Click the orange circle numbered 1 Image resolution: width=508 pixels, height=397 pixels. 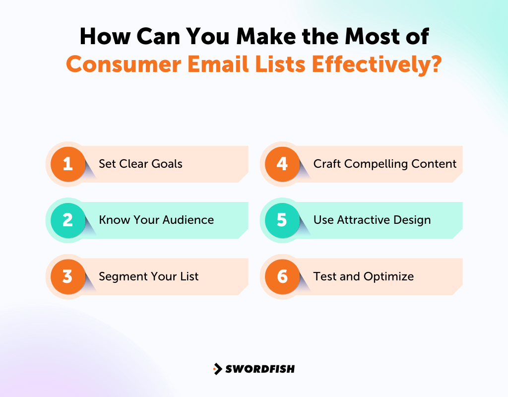[68, 164]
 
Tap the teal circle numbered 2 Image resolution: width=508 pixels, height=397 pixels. [68, 220]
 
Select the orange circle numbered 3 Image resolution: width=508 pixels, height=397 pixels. [68, 276]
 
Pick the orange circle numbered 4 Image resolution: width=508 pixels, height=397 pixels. [282, 164]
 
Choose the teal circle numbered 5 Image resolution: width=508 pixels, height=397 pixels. [282, 220]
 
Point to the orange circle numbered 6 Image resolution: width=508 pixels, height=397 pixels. [282, 276]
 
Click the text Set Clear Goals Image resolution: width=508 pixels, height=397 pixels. [140, 164]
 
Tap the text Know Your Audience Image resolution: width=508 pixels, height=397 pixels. [156, 220]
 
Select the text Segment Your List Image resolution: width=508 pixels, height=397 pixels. [148, 276]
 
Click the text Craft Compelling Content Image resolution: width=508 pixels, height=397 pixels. [384, 164]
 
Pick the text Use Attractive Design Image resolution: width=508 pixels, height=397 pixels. [372, 220]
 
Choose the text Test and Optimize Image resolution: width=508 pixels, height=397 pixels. [363, 276]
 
